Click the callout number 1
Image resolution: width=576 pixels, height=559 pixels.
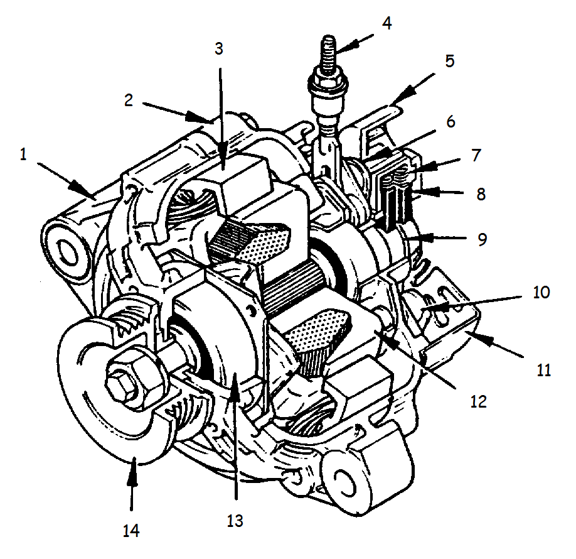click(23, 155)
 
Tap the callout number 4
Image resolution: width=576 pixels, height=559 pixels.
click(387, 24)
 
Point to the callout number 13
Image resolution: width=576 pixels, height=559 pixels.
click(235, 520)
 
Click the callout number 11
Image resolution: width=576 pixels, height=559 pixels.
click(543, 370)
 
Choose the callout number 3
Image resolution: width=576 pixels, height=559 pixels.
click(219, 48)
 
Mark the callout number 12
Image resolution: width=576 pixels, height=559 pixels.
click(478, 401)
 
